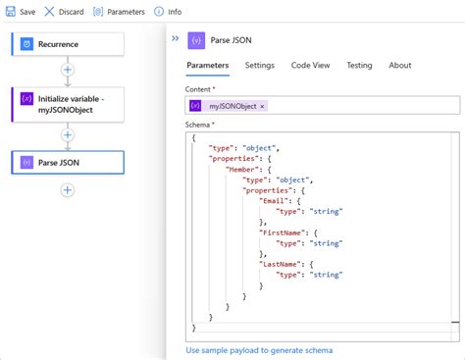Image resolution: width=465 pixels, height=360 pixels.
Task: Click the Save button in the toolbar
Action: (x=22, y=12)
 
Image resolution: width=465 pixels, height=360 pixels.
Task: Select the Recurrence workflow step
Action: (x=67, y=43)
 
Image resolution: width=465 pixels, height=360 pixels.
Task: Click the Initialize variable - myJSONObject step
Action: (x=67, y=103)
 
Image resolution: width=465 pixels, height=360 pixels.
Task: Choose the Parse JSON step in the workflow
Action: (x=67, y=162)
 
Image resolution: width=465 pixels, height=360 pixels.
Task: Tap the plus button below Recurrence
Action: (x=67, y=71)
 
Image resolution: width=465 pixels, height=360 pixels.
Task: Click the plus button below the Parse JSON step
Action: (x=67, y=189)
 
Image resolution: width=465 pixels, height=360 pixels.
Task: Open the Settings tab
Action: (x=260, y=65)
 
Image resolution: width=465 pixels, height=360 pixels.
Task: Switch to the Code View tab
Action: (x=309, y=65)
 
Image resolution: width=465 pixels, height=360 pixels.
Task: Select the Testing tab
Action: (x=359, y=65)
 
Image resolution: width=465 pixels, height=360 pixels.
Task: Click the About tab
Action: (x=399, y=65)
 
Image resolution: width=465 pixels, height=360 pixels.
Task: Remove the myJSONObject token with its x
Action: (x=262, y=106)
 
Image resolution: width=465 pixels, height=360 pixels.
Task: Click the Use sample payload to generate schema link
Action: (x=259, y=350)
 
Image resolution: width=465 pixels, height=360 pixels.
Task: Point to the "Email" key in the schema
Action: (x=276, y=201)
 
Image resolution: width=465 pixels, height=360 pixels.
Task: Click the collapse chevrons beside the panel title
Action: (x=176, y=38)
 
